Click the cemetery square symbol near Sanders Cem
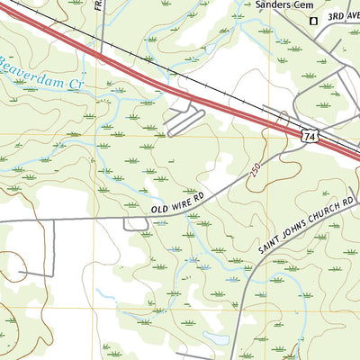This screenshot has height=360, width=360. tap(314, 20)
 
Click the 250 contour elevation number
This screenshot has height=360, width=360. tap(258, 169)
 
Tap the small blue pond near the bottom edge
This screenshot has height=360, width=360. tap(216, 338)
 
